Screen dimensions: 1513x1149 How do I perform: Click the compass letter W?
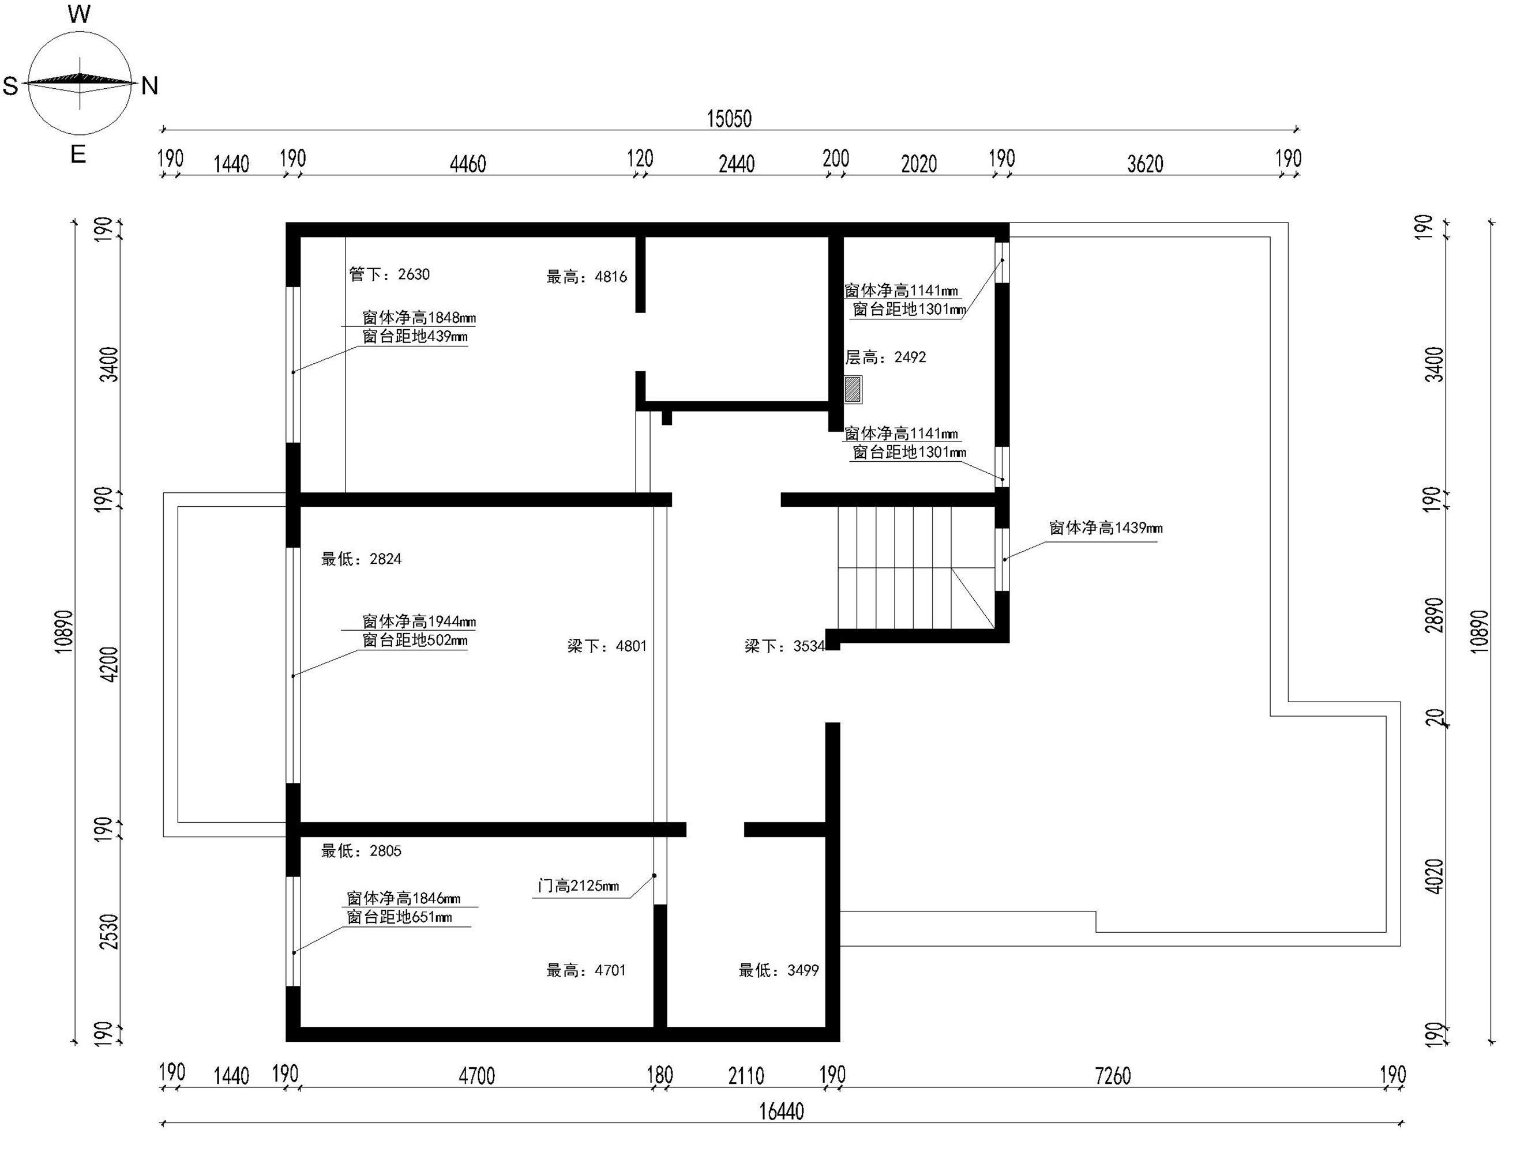pyautogui.click(x=80, y=14)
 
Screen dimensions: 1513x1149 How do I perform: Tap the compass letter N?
pyautogui.click(x=150, y=86)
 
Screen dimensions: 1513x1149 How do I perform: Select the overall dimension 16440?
pyautogui.click(x=781, y=1112)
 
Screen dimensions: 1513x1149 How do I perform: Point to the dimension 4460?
pyautogui.click(x=467, y=164)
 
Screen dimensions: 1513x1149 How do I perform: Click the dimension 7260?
pyautogui.click(x=1113, y=1076)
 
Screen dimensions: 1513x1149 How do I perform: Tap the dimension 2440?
pyautogui.click(x=737, y=164)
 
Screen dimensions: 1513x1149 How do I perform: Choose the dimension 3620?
pyautogui.click(x=1145, y=164)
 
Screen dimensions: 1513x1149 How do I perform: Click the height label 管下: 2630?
pyautogui.click(x=389, y=274)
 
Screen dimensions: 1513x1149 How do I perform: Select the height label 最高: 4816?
pyautogui.click(x=587, y=277)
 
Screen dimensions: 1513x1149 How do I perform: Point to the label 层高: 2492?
pyautogui.click(x=885, y=357)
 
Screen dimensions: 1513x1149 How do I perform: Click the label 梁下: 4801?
pyautogui.click(x=607, y=646)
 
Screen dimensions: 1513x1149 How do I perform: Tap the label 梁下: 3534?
pyautogui.click(x=784, y=646)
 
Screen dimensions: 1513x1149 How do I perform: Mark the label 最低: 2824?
pyautogui.click(x=361, y=559)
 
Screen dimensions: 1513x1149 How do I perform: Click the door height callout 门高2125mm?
pyautogui.click(x=578, y=886)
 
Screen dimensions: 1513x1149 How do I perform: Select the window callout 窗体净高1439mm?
pyautogui.click(x=1106, y=528)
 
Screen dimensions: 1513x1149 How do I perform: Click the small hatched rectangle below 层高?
pyautogui.click(x=853, y=390)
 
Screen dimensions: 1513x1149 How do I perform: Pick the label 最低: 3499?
pyautogui.click(x=779, y=970)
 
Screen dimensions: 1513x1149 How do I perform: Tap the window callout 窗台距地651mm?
pyautogui.click(x=400, y=917)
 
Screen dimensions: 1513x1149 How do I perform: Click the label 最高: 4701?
pyautogui.click(x=586, y=970)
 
